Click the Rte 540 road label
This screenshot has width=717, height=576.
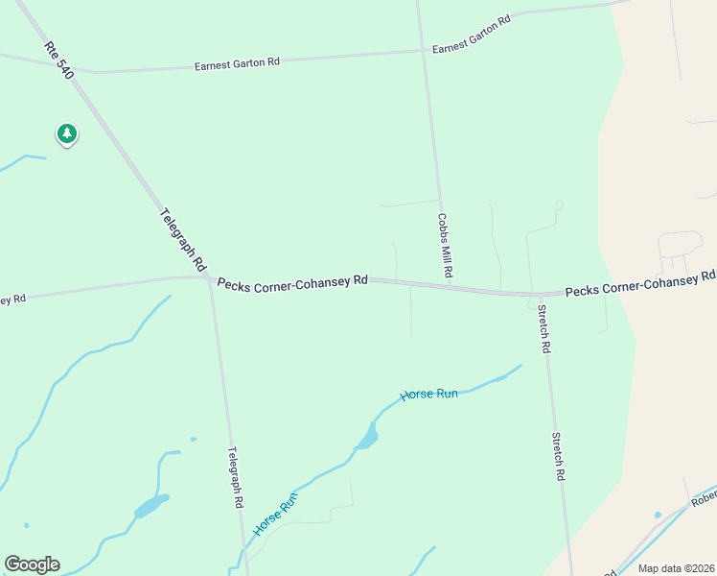[58, 60]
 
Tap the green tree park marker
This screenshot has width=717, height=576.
[66, 134]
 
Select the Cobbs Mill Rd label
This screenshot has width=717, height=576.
[445, 246]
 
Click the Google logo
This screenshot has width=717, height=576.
[32, 564]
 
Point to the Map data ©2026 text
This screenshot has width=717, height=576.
[675, 568]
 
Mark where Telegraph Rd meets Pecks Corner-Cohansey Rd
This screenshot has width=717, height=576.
[208, 277]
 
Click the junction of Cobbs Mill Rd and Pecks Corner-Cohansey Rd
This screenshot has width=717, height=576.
[449, 287]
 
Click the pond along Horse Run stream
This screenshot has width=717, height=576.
[366, 439]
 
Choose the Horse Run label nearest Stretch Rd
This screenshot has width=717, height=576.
[428, 393]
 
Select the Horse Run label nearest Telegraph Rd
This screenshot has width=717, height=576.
[276, 514]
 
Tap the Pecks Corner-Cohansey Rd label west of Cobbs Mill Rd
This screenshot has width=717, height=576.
[292, 281]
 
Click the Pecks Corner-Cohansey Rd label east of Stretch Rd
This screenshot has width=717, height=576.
[639, 283]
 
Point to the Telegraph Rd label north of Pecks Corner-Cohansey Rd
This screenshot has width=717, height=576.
[183, 238]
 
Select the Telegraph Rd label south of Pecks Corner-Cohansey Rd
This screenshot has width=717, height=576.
[235, 476]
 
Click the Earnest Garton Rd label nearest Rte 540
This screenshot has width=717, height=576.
[237, 63]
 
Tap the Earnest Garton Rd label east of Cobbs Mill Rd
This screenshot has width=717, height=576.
[471, 39]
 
